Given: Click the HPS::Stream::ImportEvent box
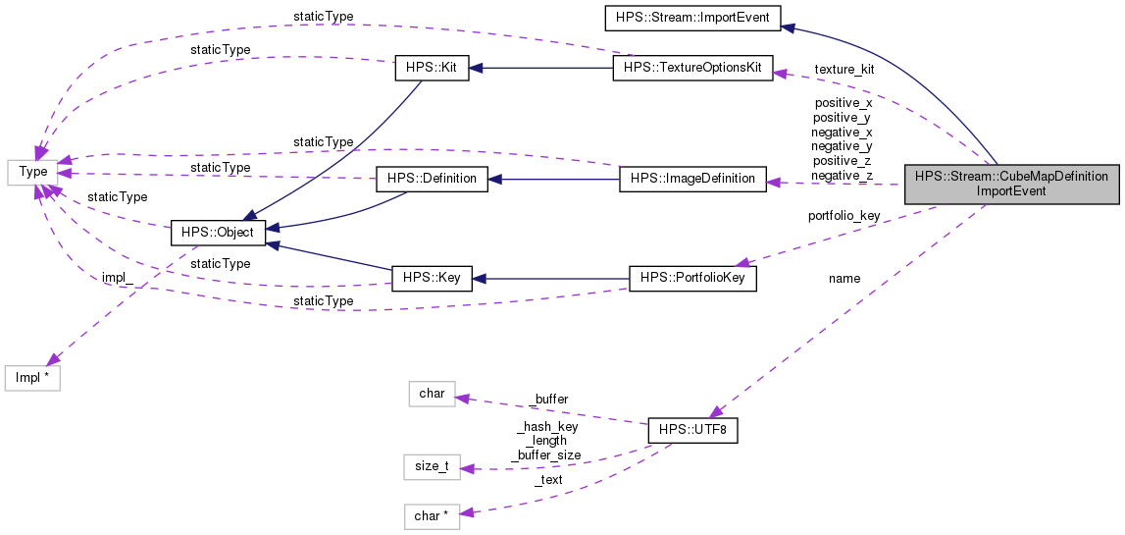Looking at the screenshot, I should point(691,17).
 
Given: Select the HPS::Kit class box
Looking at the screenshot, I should point(431,69).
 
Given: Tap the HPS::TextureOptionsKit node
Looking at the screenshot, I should point(692,69).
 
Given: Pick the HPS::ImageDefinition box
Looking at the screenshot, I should point(692,179).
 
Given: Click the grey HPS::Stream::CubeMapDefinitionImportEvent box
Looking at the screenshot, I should point(1011,184).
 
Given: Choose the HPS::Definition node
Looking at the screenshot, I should point(432,179).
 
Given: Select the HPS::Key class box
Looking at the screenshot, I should point(431,279).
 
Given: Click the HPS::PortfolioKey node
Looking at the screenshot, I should point(692,279).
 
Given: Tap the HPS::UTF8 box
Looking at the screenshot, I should point(692,430).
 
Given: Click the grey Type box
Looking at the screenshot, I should point(33,172).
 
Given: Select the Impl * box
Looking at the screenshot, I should point(33,377).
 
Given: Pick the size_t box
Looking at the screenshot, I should point(432,466).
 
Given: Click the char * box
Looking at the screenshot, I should point(432,516).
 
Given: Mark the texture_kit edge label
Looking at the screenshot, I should point(844,70).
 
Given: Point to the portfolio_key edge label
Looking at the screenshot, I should point(844,216).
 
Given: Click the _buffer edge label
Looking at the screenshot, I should point(548,400).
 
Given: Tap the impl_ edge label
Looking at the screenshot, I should point(119,278).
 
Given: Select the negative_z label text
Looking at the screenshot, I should point(842,176).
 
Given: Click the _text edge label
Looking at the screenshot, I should point(548,480).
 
